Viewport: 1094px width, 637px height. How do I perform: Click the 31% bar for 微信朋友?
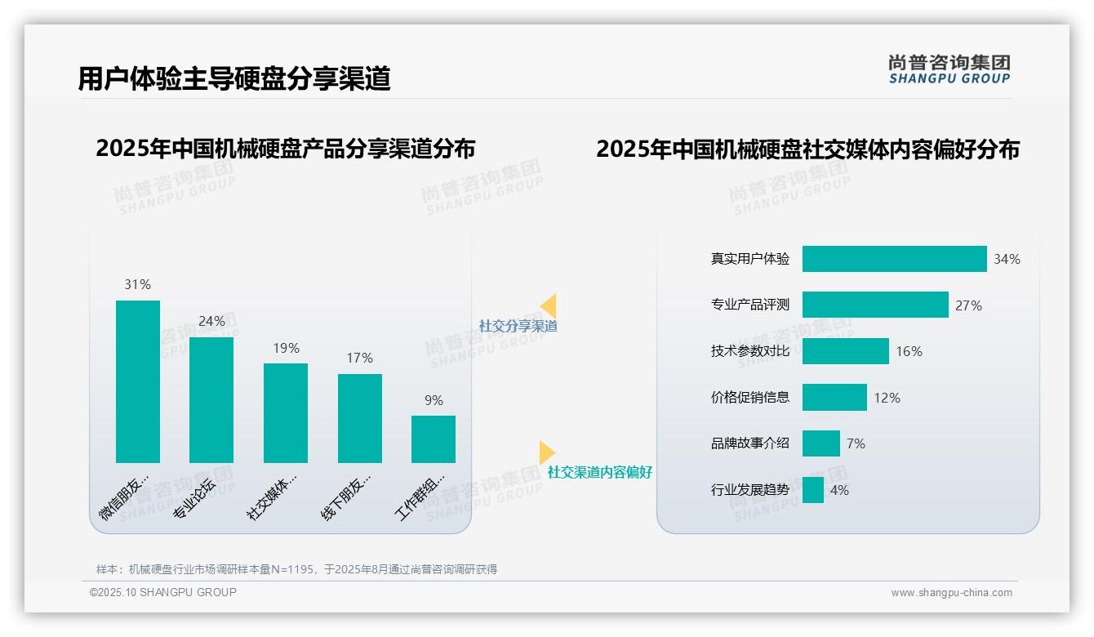(138, 381)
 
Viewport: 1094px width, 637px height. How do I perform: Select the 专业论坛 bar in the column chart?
(211, 400)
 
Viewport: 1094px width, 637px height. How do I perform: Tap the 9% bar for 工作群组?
(434, 439)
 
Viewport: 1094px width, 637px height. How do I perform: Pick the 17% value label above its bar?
(359, 358)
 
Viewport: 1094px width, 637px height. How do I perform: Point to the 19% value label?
(286, 348)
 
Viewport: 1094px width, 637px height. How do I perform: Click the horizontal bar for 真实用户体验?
(894, 259)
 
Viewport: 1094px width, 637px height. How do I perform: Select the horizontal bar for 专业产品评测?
(875, 305)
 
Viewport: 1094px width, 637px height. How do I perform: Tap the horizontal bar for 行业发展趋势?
(813, 490)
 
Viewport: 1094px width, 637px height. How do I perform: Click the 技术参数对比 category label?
(750, 351)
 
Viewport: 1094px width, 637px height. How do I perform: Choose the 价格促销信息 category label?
(750, 398)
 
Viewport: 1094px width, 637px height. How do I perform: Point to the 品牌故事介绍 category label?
(750, 443)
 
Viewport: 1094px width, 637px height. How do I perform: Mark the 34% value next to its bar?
(1007, 259)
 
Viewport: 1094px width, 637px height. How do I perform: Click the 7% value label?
(856, 443)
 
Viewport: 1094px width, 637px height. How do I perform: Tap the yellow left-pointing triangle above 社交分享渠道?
(549, 305)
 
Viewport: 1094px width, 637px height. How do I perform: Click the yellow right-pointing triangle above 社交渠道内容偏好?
(547, 452)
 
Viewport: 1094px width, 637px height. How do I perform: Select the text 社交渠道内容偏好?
(600, 473)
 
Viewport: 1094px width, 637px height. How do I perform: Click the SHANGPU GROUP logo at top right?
(949, 69)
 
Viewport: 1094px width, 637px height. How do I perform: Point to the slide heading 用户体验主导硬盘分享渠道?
(234, 78)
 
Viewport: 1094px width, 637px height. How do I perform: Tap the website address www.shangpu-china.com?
(951, 593)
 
